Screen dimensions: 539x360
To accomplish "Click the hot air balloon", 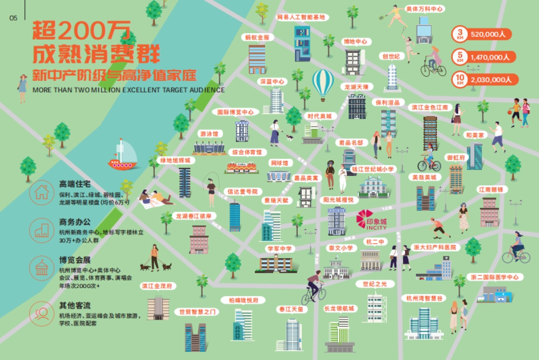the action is [x=323, y=84].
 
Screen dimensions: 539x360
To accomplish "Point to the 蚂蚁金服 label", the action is [x=257, y=37].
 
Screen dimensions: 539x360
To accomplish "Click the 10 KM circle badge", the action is [x=459, y=79].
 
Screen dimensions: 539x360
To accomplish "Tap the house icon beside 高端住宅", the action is [x=41, y=192].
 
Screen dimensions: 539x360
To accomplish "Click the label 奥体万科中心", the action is [x=424, y=9].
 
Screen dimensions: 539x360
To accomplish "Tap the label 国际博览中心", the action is [x=235, y=112].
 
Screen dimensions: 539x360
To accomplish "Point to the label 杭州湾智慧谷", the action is [x=424, y=298].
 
